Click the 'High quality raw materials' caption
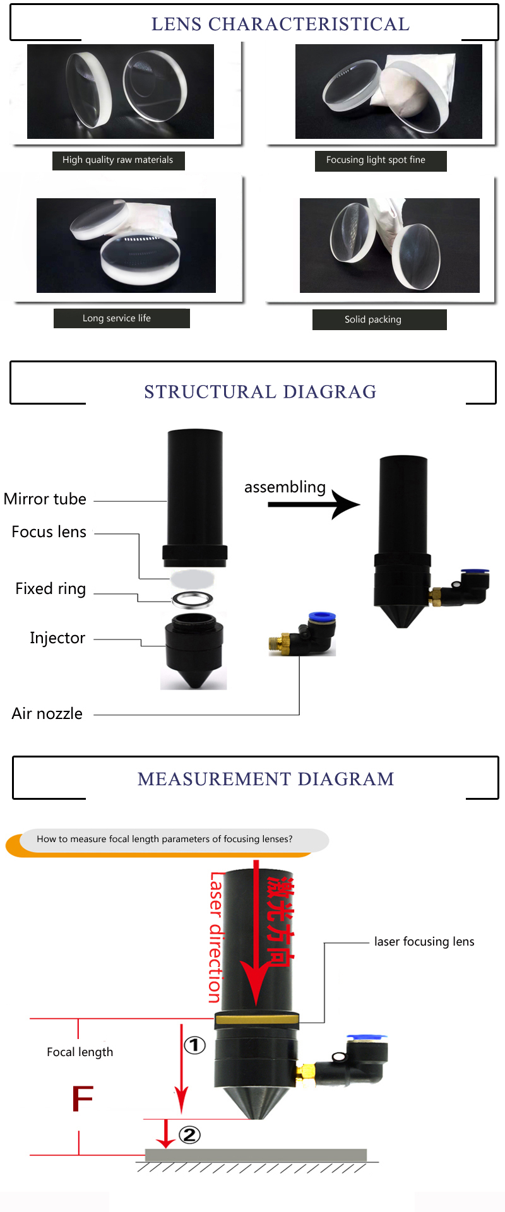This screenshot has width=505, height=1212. point(118,160)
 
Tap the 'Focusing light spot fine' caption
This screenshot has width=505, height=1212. point(376,160)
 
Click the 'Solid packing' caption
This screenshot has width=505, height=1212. point(373,319)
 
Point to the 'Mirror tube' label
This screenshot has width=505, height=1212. point(45,499)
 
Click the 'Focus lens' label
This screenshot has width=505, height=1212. point(49,532)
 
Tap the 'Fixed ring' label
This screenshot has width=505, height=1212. point(50,589)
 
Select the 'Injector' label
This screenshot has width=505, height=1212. point(57,638)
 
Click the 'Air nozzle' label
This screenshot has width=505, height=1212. point(47,714)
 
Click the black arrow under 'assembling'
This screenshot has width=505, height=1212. point(313,504)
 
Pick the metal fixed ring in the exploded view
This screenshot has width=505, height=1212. point(192,598)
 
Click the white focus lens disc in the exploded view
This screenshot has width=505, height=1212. point(192,578)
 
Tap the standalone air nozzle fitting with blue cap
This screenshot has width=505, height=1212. point(304,634)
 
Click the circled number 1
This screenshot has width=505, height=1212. point(194,1045)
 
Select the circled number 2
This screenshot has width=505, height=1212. point(189,1135)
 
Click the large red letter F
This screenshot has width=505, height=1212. point(82,1099)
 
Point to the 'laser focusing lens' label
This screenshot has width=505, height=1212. point(424,942)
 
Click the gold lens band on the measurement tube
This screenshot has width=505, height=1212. point(256,1018)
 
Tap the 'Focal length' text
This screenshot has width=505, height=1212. point(80,1052)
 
